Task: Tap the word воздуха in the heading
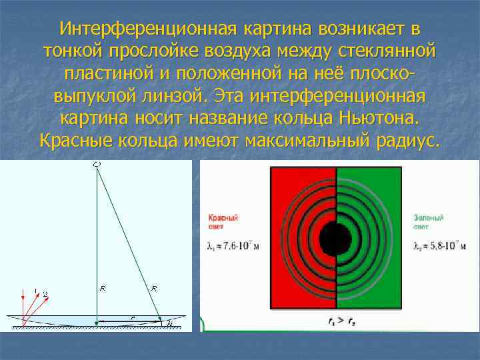point(261,51)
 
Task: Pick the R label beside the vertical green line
point(103,289)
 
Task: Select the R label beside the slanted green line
point(155,289)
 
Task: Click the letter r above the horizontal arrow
point(133,318)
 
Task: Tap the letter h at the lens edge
point(170,323)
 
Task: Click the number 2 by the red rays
point(45,293)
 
